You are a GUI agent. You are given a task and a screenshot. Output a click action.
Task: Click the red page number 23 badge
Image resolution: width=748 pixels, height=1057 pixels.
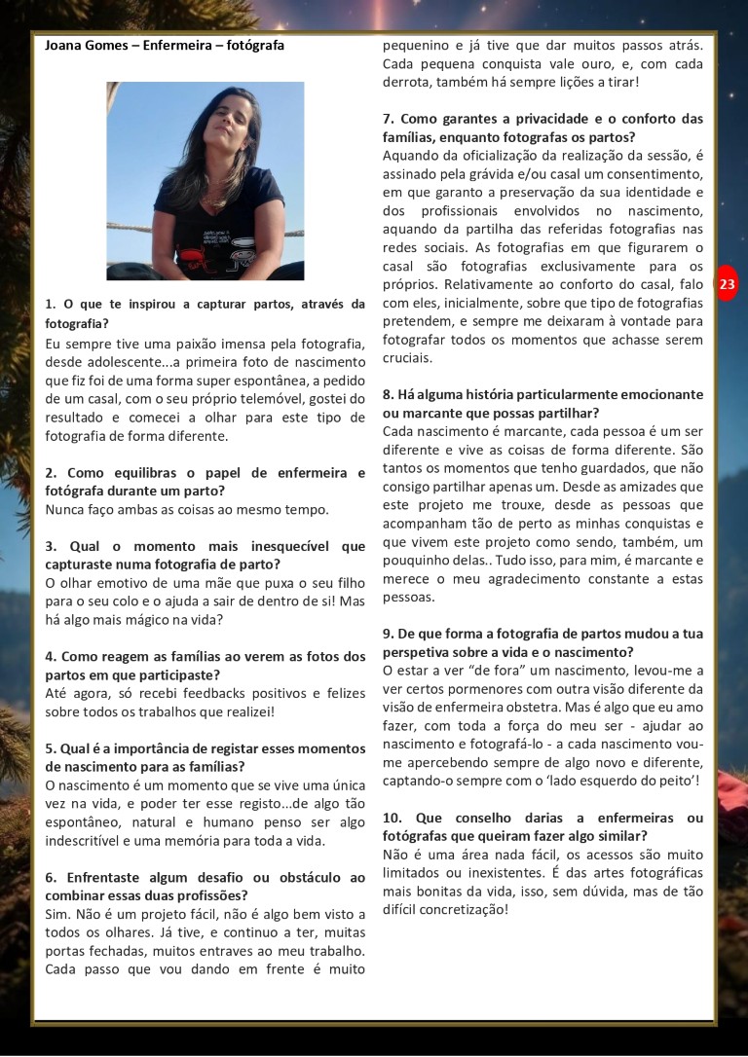728,284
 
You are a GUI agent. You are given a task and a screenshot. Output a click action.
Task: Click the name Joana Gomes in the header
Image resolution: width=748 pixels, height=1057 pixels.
85,46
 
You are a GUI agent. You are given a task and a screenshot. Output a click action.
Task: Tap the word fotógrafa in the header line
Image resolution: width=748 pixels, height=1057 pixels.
255,46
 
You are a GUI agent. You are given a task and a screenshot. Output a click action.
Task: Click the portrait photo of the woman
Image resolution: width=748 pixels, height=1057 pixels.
205,180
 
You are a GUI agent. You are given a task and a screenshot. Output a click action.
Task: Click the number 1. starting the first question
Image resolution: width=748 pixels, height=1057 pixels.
51,305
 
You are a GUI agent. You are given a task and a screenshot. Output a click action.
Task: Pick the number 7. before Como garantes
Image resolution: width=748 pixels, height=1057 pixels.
388,119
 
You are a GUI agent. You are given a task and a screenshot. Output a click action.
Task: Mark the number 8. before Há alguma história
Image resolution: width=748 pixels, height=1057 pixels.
388,394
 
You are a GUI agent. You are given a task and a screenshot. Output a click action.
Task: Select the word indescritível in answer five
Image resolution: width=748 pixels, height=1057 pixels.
91,841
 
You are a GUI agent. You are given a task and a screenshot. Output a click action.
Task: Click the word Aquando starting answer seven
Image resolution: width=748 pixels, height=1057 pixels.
412,156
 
